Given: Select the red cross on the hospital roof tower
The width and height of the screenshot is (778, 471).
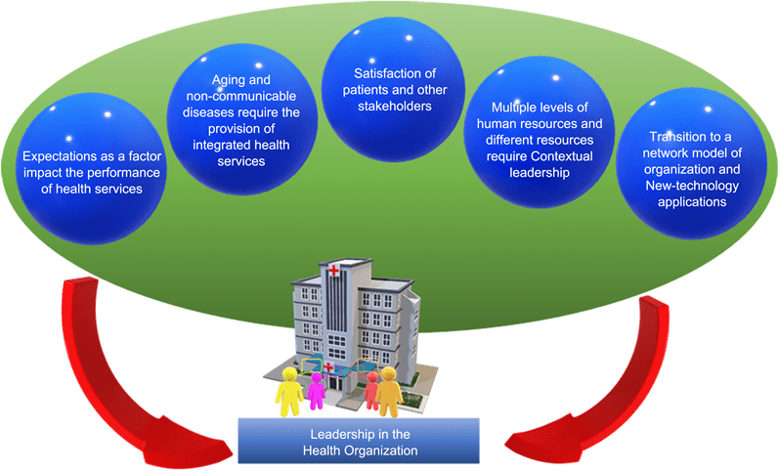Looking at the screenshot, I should (x=335, y=270).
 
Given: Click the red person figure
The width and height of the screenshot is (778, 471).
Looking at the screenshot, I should (x=370, y=395).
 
